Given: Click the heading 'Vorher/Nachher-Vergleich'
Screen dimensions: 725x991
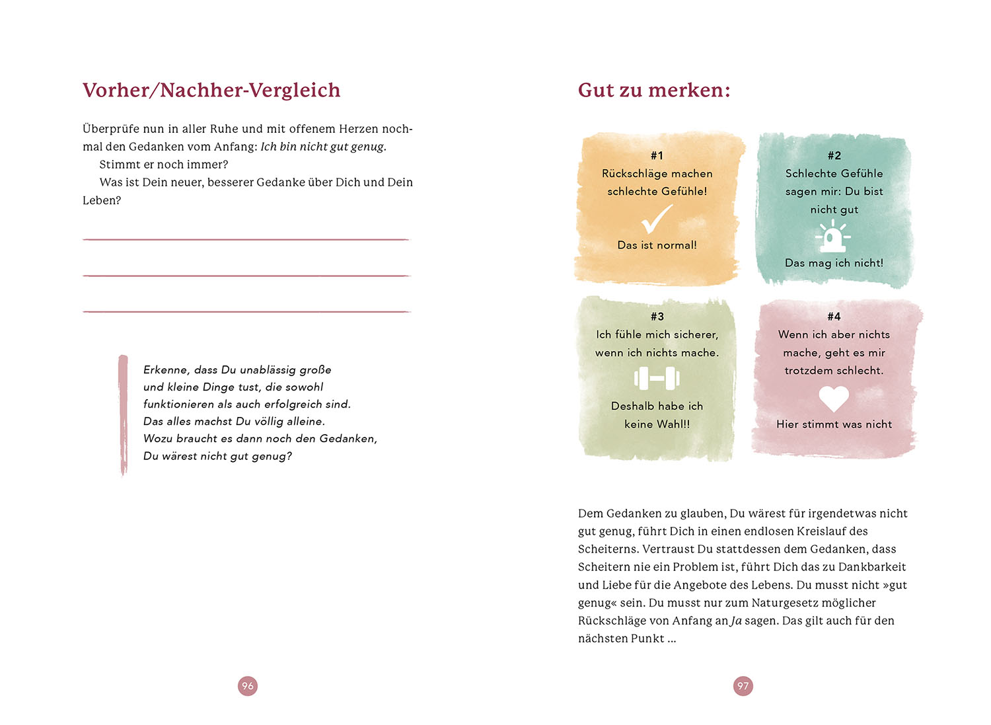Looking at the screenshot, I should click(211, 90).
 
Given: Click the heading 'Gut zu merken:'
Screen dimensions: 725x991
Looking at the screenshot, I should click(654, 90).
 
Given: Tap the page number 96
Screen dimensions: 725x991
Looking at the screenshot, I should click(248, 686).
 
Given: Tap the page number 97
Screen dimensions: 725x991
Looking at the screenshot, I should click(743, 686).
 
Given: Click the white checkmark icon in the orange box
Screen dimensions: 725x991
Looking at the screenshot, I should click(657, 219).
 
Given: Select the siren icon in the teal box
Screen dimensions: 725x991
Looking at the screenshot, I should click(834, 237).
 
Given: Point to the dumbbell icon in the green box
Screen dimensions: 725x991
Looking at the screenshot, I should click(657, 379).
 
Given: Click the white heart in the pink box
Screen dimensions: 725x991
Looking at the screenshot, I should click(834, 399).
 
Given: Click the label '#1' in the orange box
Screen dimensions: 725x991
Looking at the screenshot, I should click(657, 155).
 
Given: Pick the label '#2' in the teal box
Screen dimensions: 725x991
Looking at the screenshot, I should click(834, 155).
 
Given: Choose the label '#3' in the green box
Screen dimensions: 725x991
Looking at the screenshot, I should click(657, 317).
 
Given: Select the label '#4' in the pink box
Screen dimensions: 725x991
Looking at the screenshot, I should click(834, 317).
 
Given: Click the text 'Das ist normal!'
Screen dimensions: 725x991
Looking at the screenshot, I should click(657, 245).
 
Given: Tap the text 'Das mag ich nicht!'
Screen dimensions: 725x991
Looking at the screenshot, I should click(834, 263).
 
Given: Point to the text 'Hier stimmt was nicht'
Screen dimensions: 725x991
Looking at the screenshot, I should click(834, 424).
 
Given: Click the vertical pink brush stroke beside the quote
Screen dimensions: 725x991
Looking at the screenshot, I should click(123, 415).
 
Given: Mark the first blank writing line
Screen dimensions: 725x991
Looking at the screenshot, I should click(246, 239).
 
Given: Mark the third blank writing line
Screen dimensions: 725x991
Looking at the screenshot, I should click(246, 311).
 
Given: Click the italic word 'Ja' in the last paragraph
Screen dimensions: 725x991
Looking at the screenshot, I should click(736, 621).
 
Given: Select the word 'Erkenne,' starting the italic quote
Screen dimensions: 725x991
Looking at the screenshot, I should click(166, 370).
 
